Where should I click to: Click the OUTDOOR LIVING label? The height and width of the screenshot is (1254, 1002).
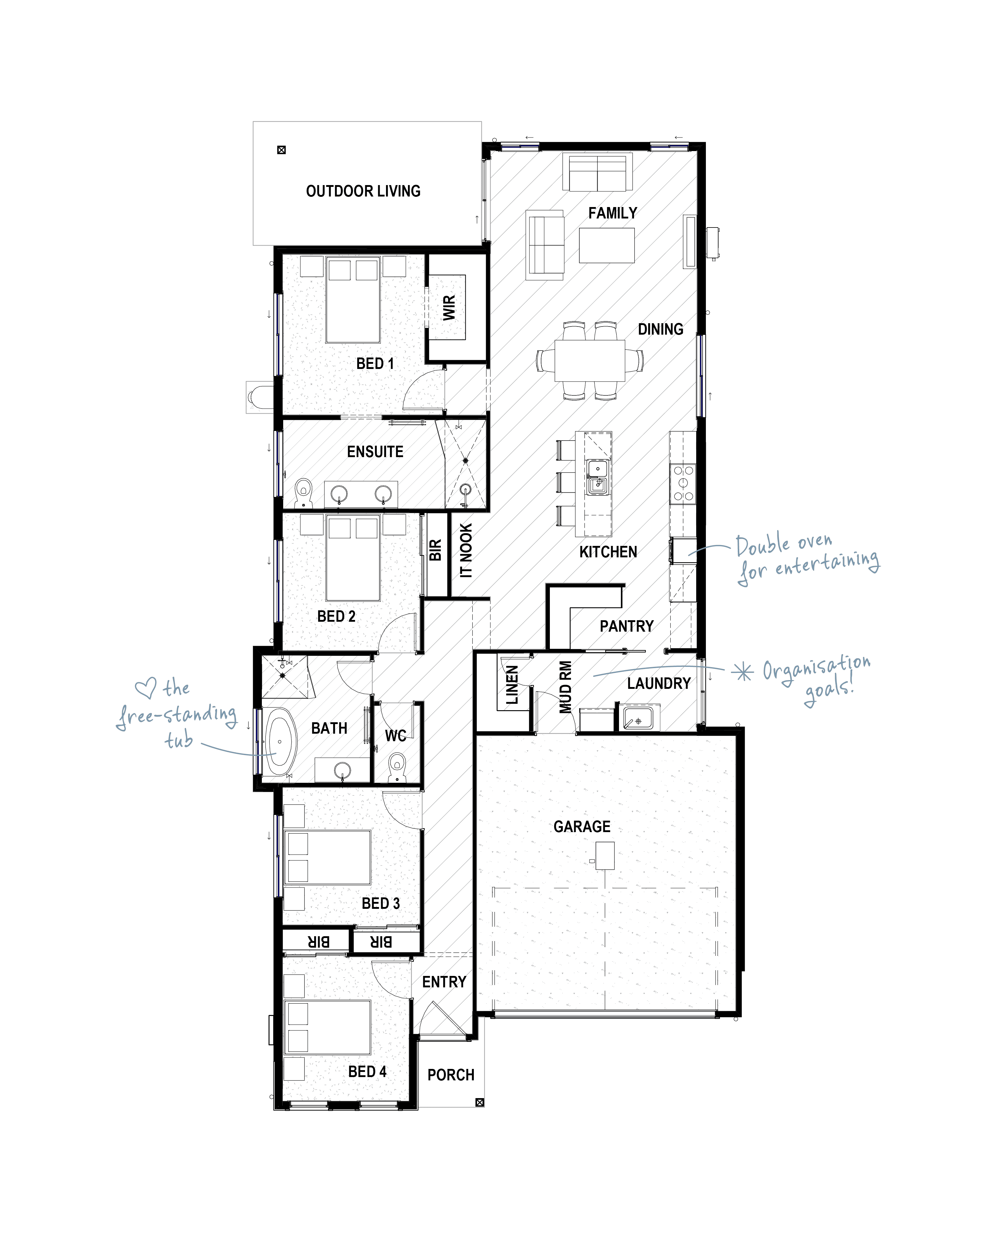(363, 191)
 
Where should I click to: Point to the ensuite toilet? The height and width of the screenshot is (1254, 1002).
(303, 493)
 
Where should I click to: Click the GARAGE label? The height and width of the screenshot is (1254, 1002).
(582, 826)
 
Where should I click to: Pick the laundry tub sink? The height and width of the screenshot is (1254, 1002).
(638, 718)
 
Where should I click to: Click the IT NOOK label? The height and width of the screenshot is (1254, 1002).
(466, 550)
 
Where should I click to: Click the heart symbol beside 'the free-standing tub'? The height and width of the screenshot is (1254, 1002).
(145, 689)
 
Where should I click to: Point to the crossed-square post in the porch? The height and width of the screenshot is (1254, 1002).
(480, 1102)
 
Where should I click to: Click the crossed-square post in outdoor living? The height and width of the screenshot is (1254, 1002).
(281, 150)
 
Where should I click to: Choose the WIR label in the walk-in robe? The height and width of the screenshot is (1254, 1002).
(449, 308)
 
